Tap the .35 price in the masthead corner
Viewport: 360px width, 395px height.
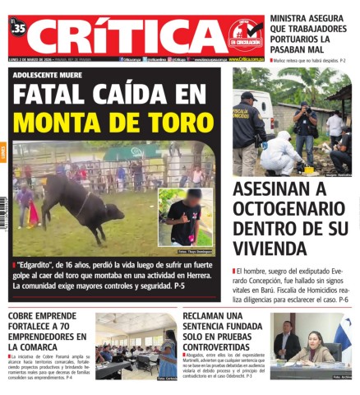coord(19,30)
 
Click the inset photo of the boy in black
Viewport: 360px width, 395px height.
coord(185,216)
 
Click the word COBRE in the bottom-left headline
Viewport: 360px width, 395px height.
coord(26,317)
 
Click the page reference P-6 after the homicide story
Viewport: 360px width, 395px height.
coord(344,301)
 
